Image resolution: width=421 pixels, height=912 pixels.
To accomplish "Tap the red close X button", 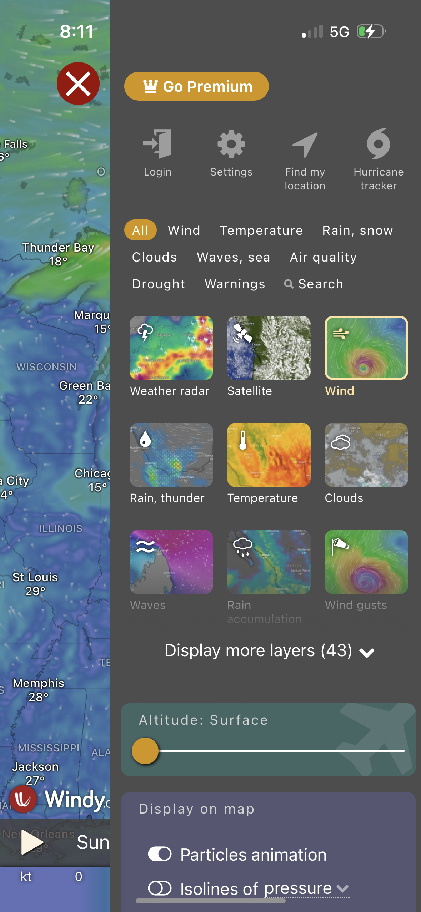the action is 78,83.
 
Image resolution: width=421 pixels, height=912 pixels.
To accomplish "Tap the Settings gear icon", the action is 231,144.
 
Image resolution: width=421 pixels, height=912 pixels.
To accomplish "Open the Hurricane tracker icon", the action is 379,144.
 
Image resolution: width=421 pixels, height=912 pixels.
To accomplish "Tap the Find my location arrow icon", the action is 305,145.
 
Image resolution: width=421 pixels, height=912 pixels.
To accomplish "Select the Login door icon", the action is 157,144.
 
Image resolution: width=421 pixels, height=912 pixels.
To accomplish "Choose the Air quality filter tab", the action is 323,257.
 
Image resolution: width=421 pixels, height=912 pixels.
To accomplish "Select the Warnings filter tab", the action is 235,284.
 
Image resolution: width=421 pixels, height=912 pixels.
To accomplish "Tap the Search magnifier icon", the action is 289,284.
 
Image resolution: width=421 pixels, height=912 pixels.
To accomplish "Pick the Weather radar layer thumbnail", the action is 171,348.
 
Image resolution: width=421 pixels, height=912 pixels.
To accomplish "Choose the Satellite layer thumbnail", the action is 269,348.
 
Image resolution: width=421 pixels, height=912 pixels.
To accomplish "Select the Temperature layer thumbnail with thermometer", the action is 269,455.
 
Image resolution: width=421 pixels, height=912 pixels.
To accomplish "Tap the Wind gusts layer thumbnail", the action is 366,562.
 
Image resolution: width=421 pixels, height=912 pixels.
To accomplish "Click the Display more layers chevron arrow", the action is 367,653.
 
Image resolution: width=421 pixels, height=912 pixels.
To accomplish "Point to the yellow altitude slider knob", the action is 145,751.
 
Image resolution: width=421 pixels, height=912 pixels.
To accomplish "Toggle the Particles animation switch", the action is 160,854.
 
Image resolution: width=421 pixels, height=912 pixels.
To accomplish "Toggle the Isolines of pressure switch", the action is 160,888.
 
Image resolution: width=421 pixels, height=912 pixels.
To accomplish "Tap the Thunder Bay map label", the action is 58,248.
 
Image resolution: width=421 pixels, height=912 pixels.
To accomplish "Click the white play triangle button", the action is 31,842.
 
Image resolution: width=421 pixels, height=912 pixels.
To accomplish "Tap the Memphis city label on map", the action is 39,683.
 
